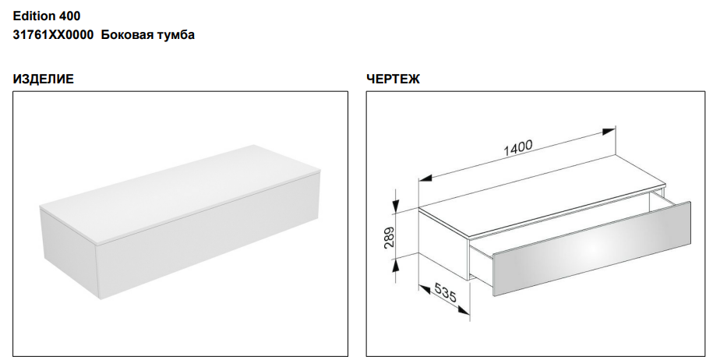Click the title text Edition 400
(47, 16)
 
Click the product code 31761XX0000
(53, 35)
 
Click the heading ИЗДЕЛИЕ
(43, 79)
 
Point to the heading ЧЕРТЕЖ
(393, 79)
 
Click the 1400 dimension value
(518, 148)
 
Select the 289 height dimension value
(389, 238)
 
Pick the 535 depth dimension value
(444, 293)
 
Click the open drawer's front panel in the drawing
(591, 249)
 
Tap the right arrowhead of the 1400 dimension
(609, 132)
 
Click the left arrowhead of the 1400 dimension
(425, 178)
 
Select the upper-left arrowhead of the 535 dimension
(425, 289)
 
